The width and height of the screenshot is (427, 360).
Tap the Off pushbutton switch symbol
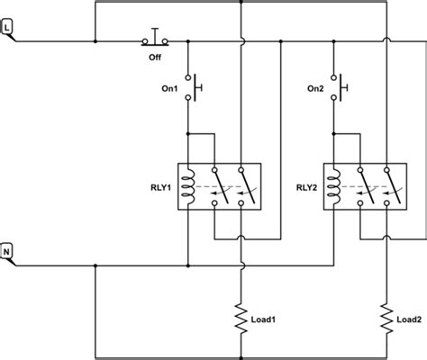coord(156,38)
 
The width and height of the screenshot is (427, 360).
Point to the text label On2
coord(313,87)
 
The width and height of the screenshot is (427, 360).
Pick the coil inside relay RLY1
coord(188,188)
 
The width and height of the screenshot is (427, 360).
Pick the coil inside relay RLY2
coord(334,188)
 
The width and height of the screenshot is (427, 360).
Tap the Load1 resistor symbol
coord(241,316)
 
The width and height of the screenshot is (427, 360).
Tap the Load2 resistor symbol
coord(386,316)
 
